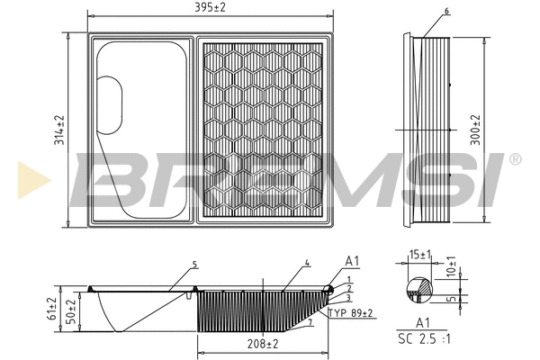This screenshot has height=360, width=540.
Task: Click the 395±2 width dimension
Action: pos(210,7)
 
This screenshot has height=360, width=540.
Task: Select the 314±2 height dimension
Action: pos(59,130)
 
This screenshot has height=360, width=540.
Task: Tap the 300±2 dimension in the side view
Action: pos(475,130)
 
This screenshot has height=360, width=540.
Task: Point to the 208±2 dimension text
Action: pos(263,344)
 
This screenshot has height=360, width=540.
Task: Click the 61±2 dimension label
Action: pos(52,309)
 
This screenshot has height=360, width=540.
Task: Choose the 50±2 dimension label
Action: pos(71,310)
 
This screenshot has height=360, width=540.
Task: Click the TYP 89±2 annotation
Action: pos(351,313)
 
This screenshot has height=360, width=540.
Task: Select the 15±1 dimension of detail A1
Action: pos(420,255)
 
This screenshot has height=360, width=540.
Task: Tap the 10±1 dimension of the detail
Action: pos(451,266)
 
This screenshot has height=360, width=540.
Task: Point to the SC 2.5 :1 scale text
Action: pos(424,338)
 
